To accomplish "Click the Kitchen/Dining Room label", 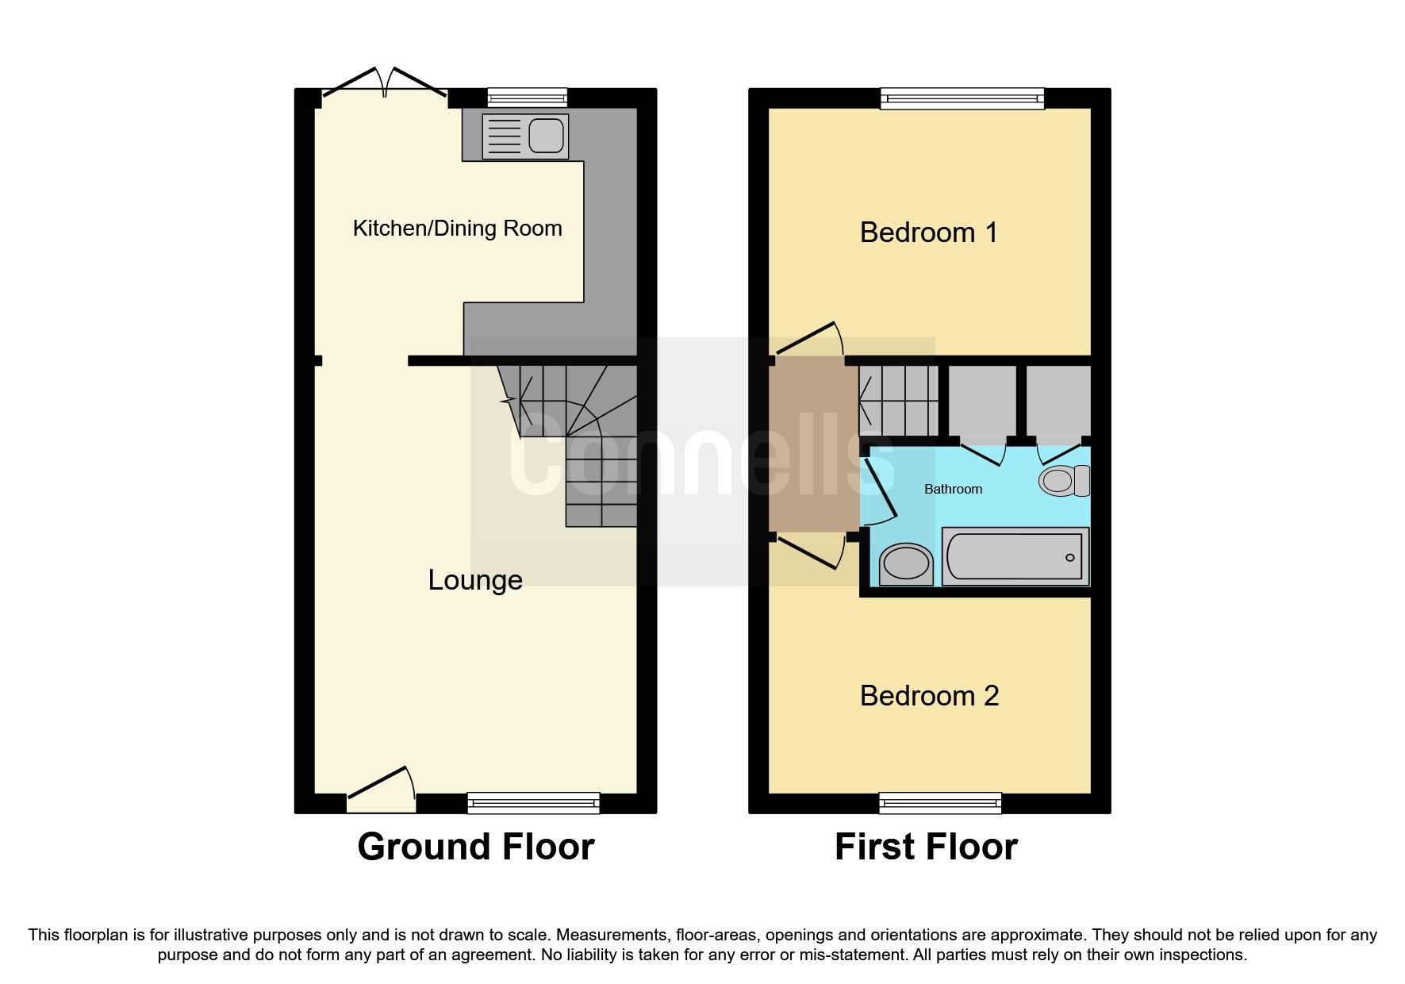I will [457, 229].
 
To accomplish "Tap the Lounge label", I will [475, 580].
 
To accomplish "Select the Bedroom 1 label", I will [928, 233].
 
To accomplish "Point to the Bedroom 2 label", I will [929, 696].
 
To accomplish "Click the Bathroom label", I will [953, 489].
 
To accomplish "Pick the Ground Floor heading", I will [476, 847].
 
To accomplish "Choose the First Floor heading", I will [926, 847].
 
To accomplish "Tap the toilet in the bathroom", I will [1064, 481].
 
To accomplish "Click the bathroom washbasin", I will [906, 564].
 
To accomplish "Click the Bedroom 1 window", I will [962, 98].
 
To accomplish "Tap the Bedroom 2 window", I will [940, 803].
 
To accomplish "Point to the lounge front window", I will [533, 803].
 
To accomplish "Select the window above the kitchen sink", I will [528, 98].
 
